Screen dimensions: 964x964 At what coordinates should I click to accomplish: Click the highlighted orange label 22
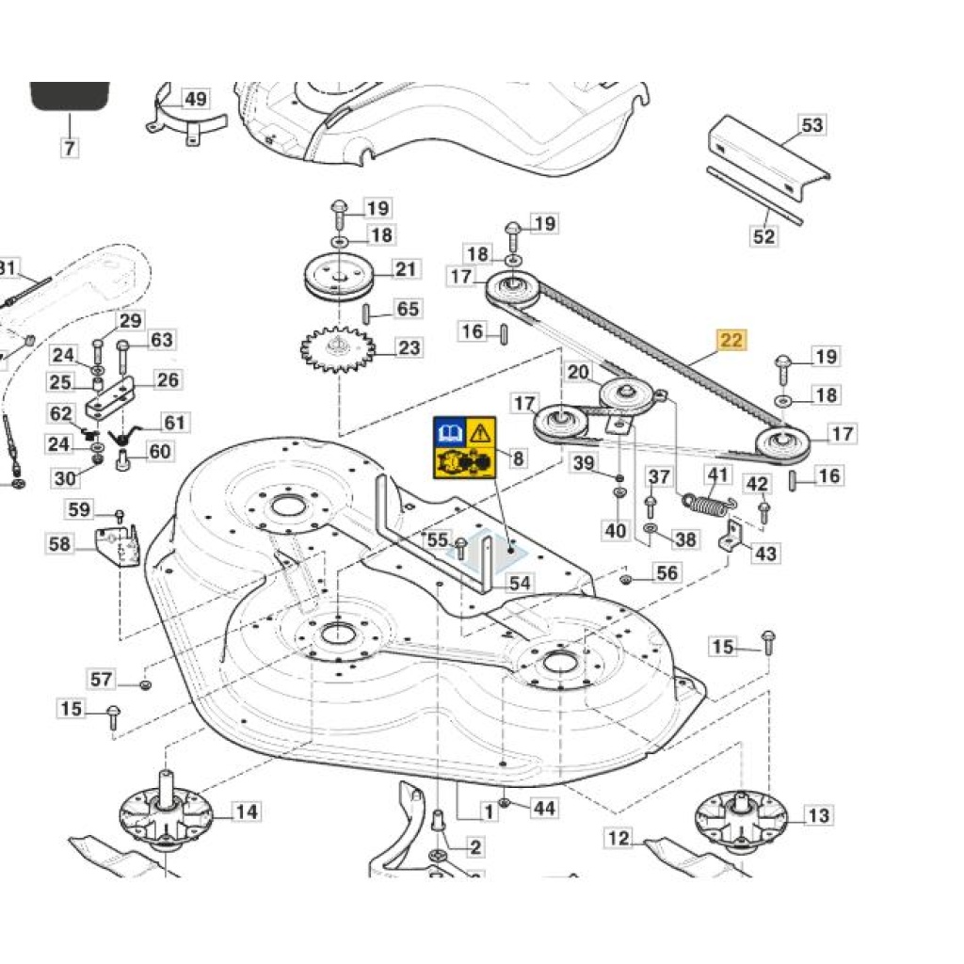pos(731,341)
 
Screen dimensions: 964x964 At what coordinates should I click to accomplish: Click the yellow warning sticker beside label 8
pos(463,449)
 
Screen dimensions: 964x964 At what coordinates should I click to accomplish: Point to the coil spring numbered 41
pos(705,506)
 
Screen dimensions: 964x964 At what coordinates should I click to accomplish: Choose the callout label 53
pos(811,125)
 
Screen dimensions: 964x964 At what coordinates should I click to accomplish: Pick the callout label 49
pos(195,99)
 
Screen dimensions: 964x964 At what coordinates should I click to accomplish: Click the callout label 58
pos(59,543)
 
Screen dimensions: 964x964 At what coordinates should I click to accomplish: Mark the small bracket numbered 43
pos(731,540)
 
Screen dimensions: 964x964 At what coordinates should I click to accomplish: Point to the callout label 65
pos(408,309)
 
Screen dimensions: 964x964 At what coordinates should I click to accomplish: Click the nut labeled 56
pos(625,576)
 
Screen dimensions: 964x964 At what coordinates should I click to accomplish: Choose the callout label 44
pos(544,807)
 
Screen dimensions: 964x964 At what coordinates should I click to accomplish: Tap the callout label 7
pos(70,148)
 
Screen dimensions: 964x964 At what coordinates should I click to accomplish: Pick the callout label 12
pos(619,837)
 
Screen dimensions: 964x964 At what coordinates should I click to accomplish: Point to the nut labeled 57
pos(146,683)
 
